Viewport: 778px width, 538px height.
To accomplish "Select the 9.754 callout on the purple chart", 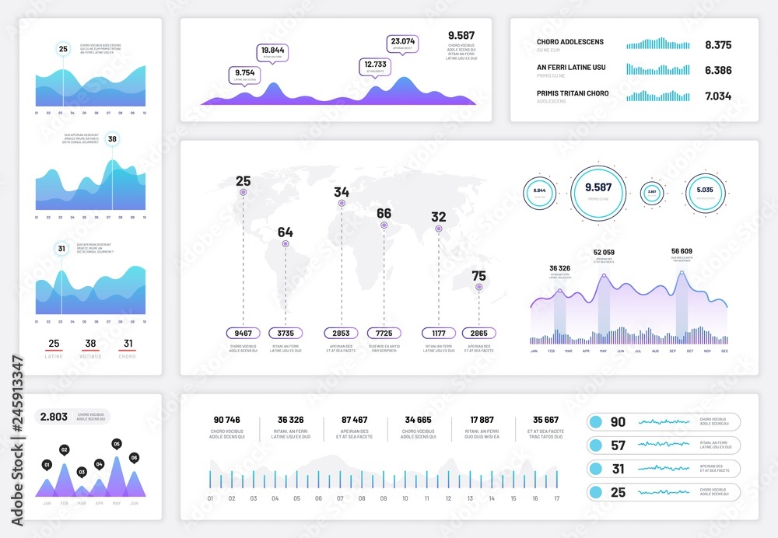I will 245,74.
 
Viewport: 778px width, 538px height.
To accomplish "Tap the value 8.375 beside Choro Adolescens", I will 717,45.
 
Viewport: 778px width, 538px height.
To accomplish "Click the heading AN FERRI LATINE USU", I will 570,68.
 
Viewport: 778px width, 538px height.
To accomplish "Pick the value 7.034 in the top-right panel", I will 717,96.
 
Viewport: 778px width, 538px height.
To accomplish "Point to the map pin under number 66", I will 384,225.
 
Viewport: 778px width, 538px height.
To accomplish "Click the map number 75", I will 478,275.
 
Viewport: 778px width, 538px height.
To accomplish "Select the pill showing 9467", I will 243,333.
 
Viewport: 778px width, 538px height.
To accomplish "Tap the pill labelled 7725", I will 384,333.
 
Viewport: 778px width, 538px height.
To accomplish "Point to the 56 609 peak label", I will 681,252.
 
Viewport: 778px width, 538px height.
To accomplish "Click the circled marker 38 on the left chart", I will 112,140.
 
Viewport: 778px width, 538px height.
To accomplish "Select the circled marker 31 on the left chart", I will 61,249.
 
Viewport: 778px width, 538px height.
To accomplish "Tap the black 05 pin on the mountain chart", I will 117,444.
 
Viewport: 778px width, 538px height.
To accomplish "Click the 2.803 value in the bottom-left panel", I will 54,417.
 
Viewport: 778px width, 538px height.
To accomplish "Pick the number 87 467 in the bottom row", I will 354,420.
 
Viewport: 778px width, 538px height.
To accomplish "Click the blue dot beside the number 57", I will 596,445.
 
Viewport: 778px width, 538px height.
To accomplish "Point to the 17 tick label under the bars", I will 555,498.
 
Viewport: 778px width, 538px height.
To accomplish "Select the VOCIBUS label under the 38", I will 91,357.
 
